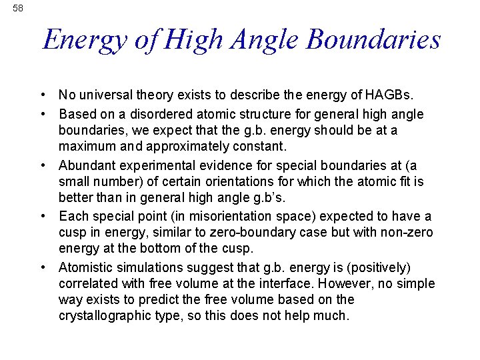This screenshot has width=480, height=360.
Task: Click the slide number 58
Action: coord(17,8)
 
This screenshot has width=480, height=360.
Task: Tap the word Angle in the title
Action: coord(262,41)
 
